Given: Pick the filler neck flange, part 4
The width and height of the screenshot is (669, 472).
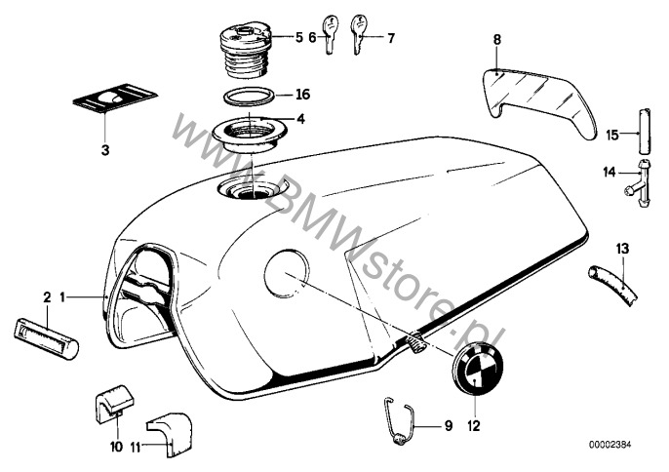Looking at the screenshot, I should tap(245, 130).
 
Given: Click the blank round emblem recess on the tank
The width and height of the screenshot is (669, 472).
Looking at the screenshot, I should tap(286, 269).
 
